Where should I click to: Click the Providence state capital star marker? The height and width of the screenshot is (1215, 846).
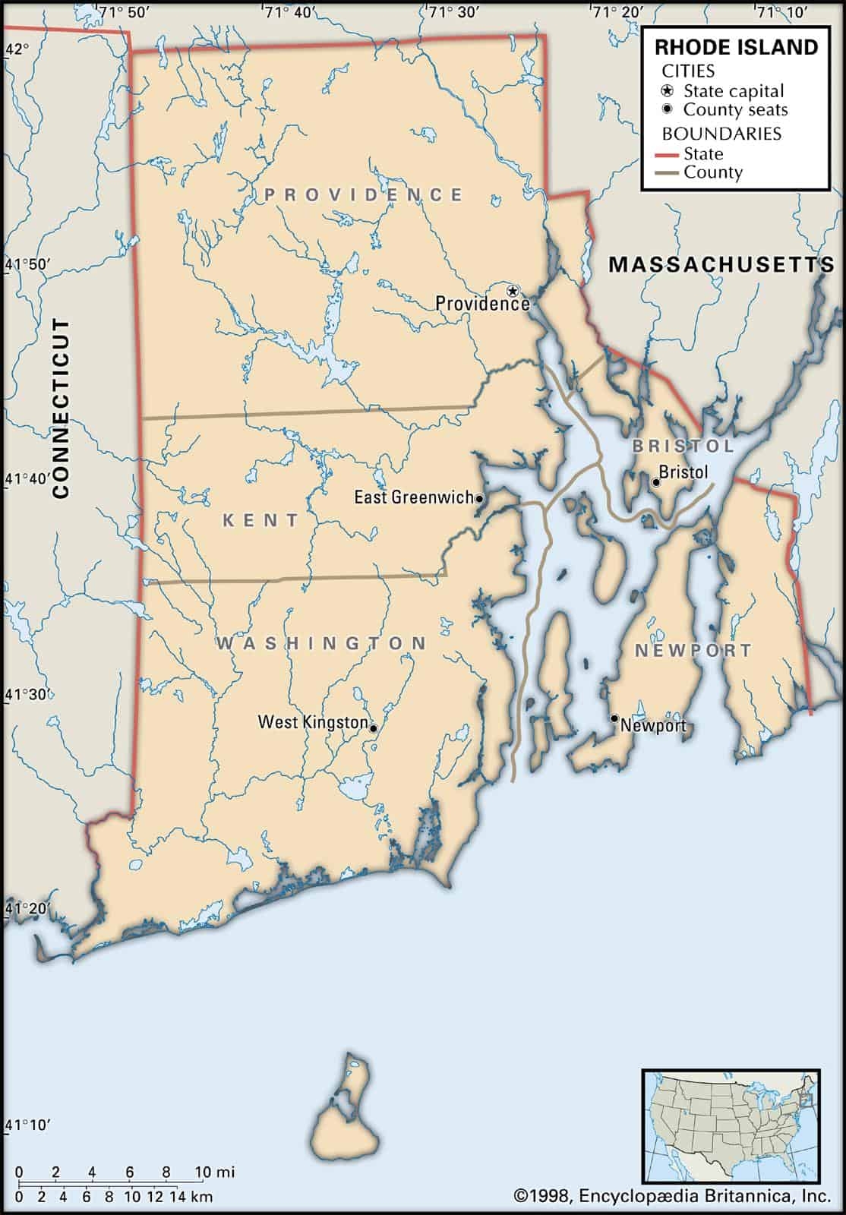pos(513,291)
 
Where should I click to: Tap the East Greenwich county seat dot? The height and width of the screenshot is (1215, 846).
pos(479,499)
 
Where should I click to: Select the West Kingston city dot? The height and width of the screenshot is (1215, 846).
pos(373,727)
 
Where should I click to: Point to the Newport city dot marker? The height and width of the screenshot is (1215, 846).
pos(614,718)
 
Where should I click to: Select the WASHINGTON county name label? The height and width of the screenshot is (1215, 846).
pos(322,643)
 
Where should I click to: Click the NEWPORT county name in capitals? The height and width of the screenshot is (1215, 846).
pos(693,651)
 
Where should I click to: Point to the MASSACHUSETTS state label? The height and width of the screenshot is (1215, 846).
pos(721,264)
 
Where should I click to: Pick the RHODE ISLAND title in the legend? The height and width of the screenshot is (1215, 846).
pos(736,47)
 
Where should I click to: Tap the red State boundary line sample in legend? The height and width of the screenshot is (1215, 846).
pos(667,154)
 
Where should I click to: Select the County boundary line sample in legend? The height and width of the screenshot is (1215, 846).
pos(667,173)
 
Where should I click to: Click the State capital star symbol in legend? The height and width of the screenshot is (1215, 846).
pos(668,90)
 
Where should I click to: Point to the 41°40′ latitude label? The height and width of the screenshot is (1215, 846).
pos(29,479)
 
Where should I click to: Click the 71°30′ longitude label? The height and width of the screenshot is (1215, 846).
pos(453,11)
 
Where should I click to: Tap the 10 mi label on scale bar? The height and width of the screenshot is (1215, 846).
pos(215,1172)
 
